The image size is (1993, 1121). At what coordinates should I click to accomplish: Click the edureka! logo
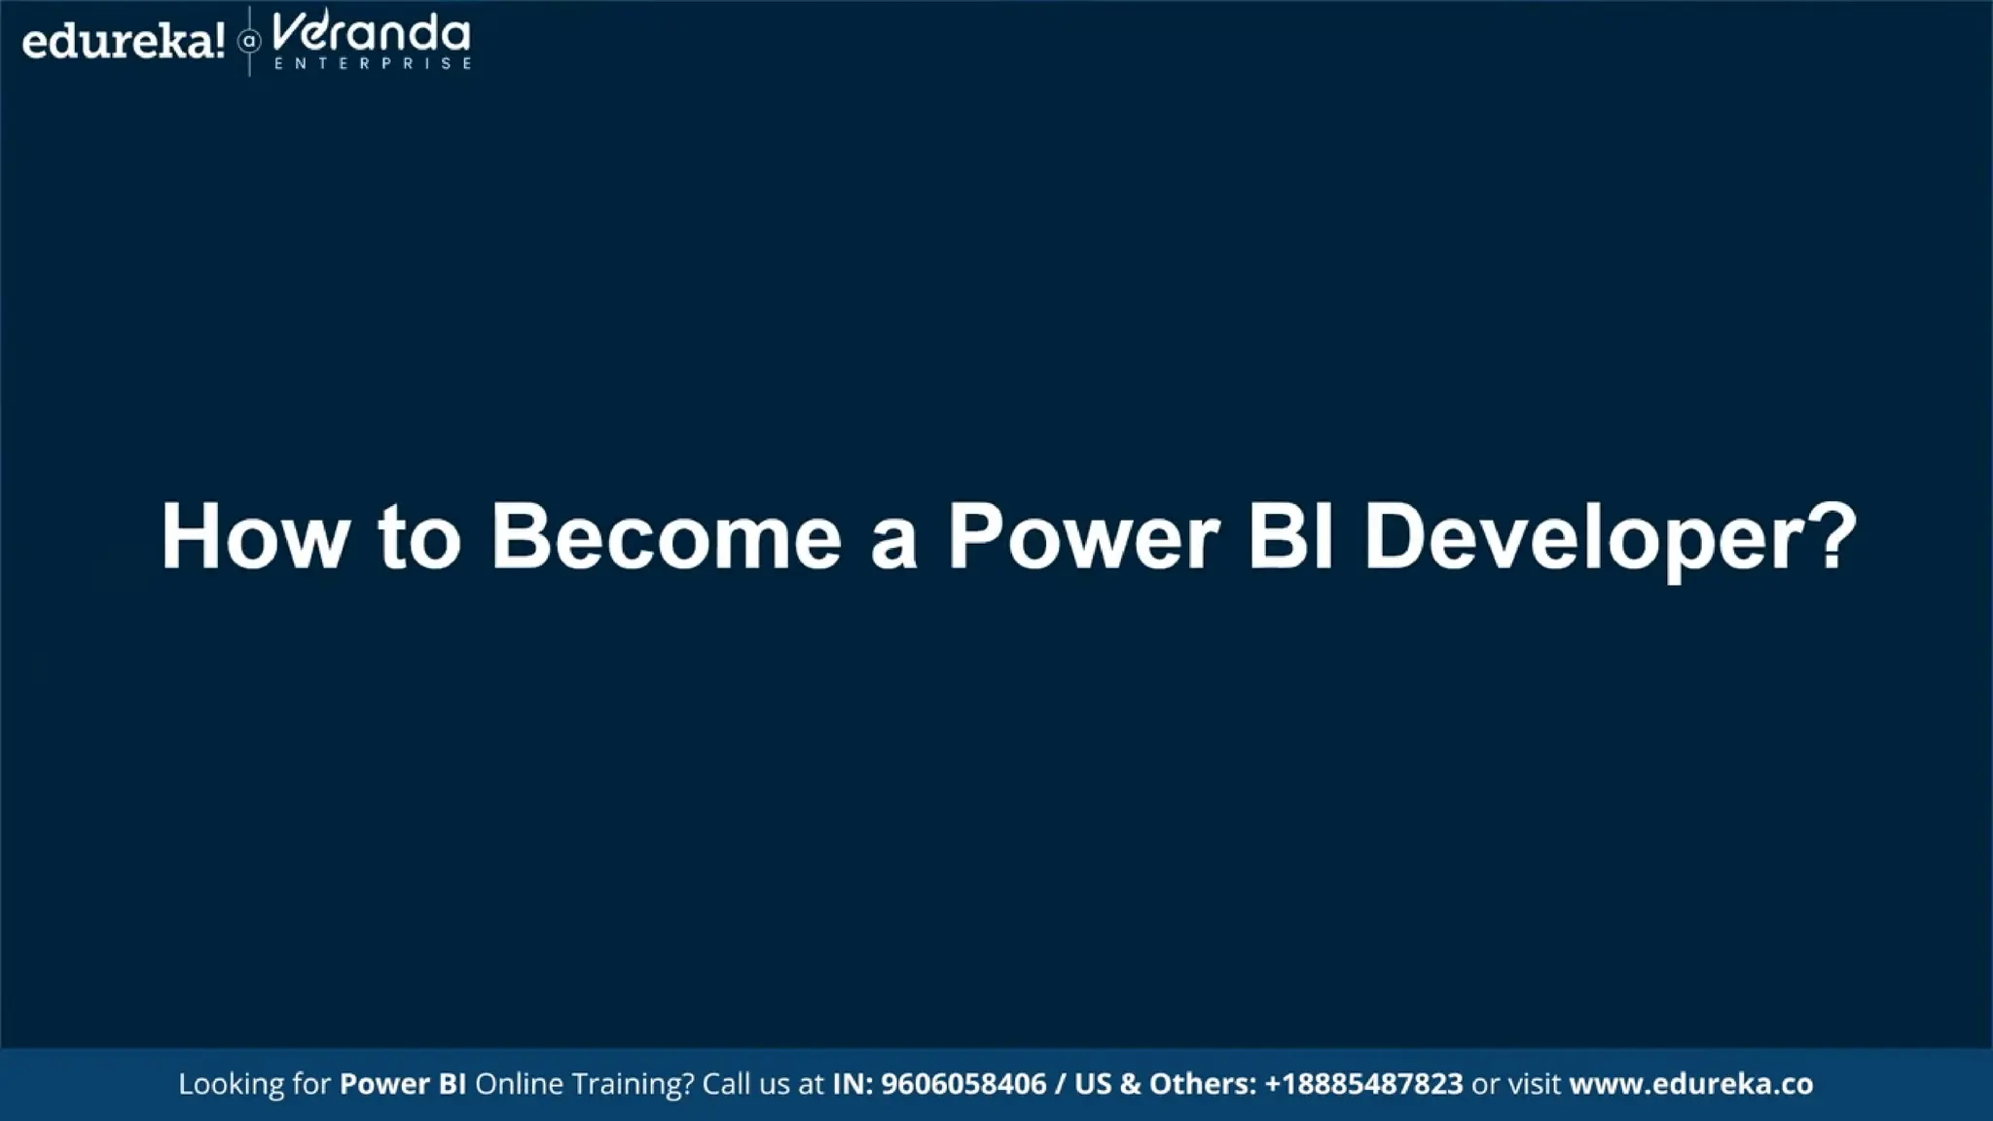[x=123, y=42]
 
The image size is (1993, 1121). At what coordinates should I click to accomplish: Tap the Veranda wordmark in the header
[x=371, y=34]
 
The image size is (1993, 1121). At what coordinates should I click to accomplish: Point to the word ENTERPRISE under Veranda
[x=373, y=63]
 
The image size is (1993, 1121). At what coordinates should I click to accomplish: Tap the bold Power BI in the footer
[x=402, y=1084]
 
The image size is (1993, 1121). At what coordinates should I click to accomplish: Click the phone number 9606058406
[x=962, y=1084]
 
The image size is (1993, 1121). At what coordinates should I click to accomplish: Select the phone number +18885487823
[x=1362, y=1084]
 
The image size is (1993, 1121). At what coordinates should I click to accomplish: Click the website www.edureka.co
[x=1690, y=1084]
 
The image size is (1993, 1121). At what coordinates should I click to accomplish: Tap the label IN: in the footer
[x=852, y=1084]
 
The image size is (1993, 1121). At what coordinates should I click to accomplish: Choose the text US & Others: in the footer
[x=1165, y=1084]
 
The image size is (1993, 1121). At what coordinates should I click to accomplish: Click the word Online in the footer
[x=518, y=1084]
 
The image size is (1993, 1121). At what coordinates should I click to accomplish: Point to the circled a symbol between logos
[x=249, y=42]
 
